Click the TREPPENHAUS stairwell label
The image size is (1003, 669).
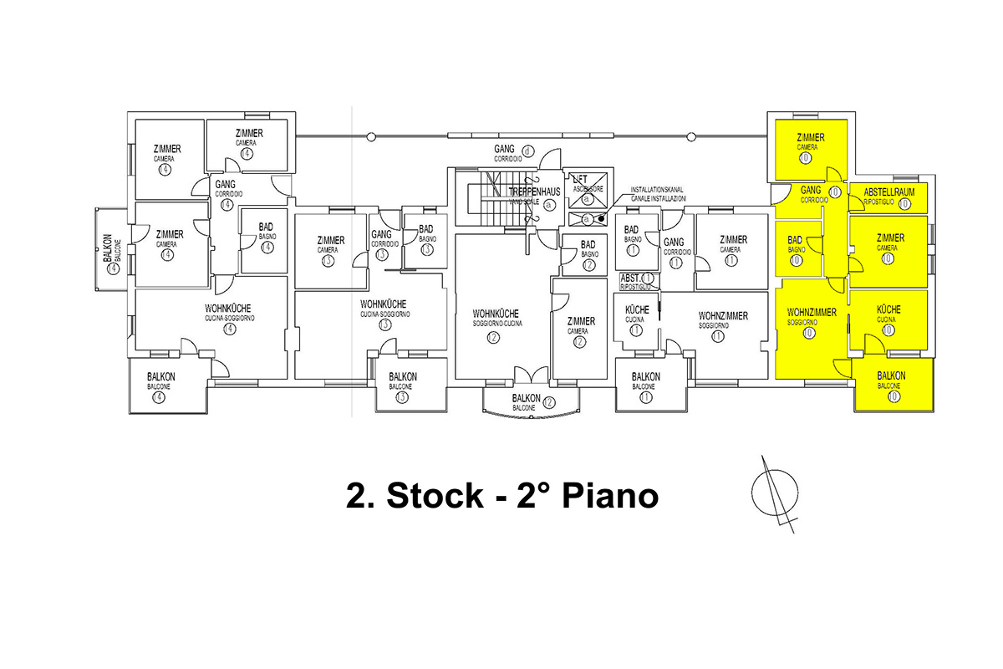[535, 192]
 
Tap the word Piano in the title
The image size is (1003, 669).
[609, 496]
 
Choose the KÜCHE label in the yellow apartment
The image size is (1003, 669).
[888, 309]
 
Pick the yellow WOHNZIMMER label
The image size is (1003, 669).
[811, 313]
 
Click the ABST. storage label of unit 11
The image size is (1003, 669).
[630, 278]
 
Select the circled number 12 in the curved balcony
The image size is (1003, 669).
[549, 402]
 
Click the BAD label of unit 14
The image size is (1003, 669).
[267, 227]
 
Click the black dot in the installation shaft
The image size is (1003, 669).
[602, 219]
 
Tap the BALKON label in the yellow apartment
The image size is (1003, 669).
[893, 376]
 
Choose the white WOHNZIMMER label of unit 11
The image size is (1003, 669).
[723, 315]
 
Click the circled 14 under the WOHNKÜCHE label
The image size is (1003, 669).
[230, 329]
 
